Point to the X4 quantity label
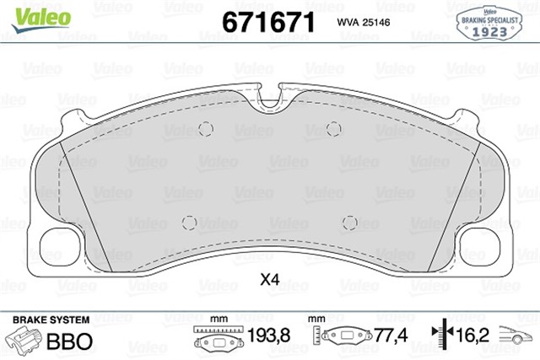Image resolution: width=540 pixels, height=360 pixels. point(269,280)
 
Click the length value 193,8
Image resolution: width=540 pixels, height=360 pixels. point(268,336)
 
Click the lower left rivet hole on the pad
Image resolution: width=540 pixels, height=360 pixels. point(190,223)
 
